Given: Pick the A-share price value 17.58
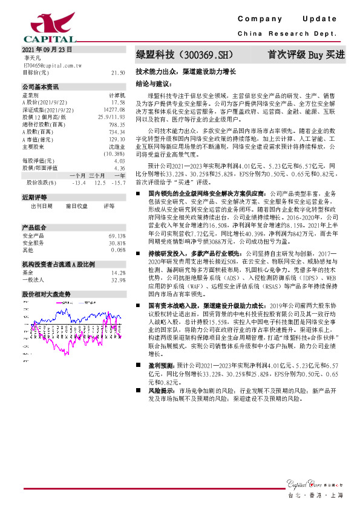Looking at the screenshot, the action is (x=118, y=102).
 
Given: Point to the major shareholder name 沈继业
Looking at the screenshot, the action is (x=117, y=146).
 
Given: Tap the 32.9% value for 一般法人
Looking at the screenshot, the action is (x=119, y=280).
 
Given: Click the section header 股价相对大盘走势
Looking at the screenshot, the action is (x=47, y=293).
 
